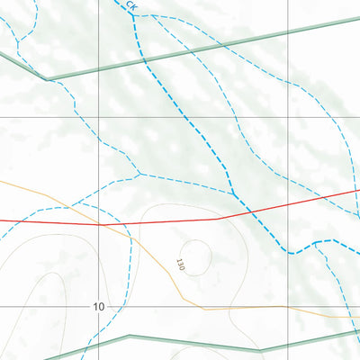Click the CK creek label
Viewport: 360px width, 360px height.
tap(132, 7)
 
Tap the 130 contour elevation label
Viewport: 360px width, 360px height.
tap(180, 265)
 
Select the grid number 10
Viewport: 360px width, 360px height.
tap(97, 307)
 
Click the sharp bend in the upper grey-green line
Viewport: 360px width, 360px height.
tap(46, 77)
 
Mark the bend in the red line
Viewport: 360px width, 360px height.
tap(216, 218)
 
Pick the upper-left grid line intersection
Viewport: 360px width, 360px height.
tap(99, 118)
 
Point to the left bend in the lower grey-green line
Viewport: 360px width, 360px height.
tap(129, 337)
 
